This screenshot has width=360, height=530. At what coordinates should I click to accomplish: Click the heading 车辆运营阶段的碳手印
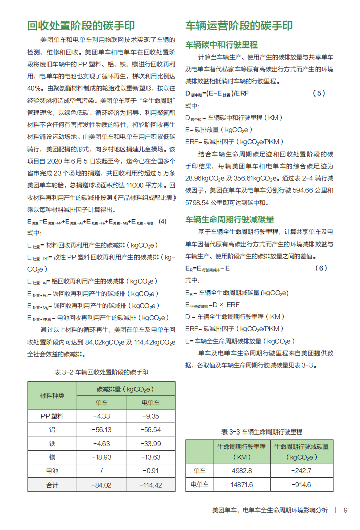(x=239, y=26)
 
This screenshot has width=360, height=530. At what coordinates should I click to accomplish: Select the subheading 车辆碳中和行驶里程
(x=221, y=44)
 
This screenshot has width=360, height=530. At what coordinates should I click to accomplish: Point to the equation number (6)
(x=321, y=268)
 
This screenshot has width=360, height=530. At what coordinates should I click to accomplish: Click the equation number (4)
(x=162, y=221)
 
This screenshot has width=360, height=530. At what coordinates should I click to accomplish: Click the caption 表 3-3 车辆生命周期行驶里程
(x=261, y=431)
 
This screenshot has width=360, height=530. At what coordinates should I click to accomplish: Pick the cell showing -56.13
(x=102, y=430)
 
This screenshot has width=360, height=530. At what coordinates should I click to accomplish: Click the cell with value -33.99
(x=151, y=444)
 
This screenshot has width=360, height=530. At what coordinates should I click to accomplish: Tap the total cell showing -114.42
(x=151, y=485)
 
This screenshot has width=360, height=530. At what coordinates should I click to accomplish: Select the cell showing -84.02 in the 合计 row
(x=102, y=485)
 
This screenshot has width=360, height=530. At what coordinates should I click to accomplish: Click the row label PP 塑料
(x=52, y=416)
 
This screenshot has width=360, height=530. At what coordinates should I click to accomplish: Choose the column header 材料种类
(x=52, y=396)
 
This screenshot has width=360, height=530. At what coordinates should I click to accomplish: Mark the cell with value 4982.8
(x=242, y=471)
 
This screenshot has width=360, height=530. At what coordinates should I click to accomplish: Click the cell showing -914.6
(x=301, y=485)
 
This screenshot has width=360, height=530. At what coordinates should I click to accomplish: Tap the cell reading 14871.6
(x=242, y=485)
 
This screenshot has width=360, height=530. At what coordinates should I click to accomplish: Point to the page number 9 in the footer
(x=345, y=510)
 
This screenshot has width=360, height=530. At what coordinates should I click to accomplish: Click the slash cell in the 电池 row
(x=102, y=471)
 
